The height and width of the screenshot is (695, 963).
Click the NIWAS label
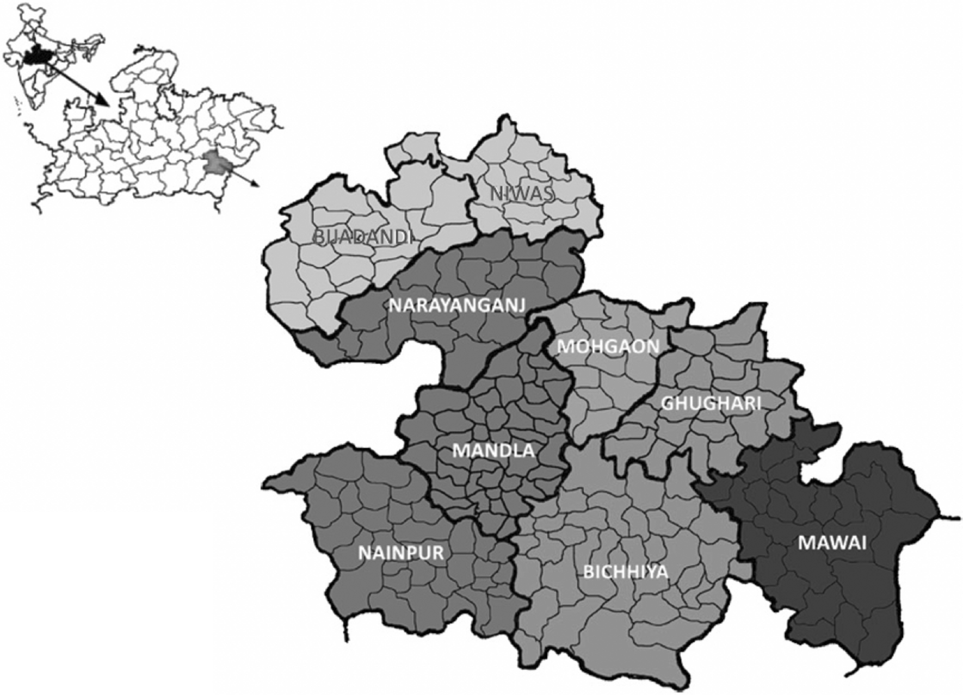pos(522,194)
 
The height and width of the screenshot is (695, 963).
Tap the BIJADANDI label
pos(362,237)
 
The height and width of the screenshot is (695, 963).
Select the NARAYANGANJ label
pos(457,306)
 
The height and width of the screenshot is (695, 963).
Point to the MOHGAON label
pos(608,346)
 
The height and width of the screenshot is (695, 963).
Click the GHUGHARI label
pos(711,404)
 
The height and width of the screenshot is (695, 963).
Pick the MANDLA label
pos(493,451)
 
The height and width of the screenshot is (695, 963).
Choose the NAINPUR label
pos(401,553)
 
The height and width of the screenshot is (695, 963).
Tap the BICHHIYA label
pos(626,572)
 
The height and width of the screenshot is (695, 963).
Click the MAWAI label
pos(832,543)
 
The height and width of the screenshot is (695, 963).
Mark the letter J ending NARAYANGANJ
pos(521,306)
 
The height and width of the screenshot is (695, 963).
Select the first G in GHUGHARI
pos(668,404)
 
